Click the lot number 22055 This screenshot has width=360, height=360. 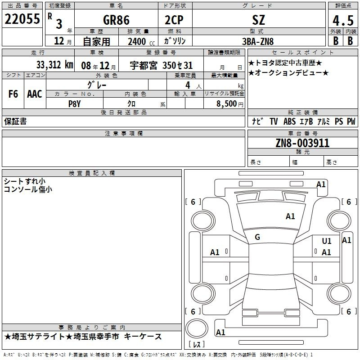click(x=22, y=19)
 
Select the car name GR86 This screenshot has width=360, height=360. click(x=116, y=20)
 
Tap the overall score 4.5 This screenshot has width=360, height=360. click(x=343, y=20)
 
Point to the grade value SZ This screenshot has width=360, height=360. click(x=258, y=20)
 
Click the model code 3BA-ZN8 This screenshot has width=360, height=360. click(x=258, y=41)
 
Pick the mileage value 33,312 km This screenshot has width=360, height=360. click(x=54, y=65)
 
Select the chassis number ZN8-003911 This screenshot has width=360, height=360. click(x=302, y=143)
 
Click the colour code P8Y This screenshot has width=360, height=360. click(x=75, y=104)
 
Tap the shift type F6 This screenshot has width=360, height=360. click(x=13, y=94)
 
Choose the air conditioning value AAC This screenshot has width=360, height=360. click(x=35, y=94)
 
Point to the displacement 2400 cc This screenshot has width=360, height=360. click(x=141, y=41)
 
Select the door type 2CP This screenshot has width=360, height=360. click(x=174, y=20)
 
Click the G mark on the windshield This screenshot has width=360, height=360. click(x=257, y=237)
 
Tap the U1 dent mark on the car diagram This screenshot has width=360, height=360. click(x=327, y=241)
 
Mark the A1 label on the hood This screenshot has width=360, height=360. click(x=290, y=216)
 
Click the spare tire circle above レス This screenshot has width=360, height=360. click(x=197, y=328)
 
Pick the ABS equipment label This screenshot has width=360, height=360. click(x=289, y=121)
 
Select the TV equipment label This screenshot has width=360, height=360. click(x=274, y=121)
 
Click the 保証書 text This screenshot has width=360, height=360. click(x=15, y=121)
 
